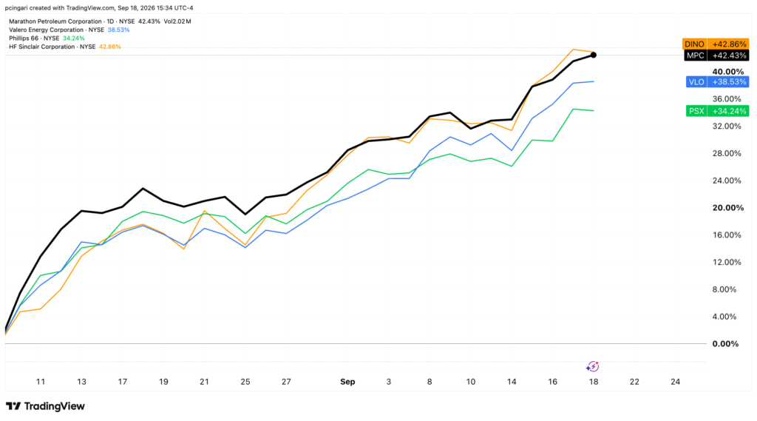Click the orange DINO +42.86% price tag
[716, 44]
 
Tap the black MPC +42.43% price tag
[716, 55]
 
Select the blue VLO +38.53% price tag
[717, 81]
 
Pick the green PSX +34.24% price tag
[717, 111]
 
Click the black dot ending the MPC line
[594, 55]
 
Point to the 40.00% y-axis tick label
[728, 72]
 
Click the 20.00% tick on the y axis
[728, 208]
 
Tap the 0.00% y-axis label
[726, 344]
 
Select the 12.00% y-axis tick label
[727, 263]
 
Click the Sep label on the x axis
[347, 382]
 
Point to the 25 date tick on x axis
[245, 382]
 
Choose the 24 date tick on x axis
[676, 382]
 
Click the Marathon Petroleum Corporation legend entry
[55, 21]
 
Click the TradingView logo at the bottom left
[45, 406]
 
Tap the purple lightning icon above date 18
[593, 367]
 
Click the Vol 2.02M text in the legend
[177, 21]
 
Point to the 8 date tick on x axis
[430, 382]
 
